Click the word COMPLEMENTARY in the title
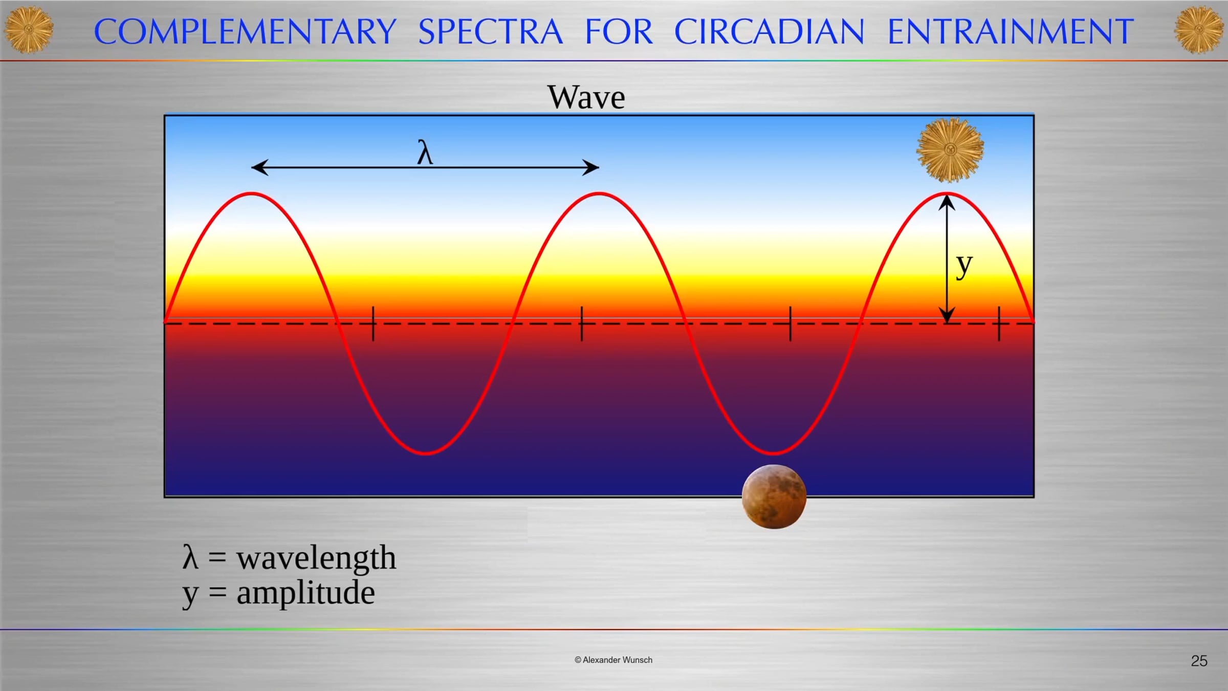(x=245, y=31)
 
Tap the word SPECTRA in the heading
(x=490, y=31)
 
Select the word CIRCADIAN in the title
(x=769, y=31)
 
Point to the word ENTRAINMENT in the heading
(x=1011, y=31)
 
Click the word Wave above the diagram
(x=586, y=97)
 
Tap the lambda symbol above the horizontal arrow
(x=425, y=152)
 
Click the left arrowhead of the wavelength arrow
(x=260, y=167)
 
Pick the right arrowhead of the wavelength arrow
(x=590, y=167)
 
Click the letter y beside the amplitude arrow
(x=964, y=266)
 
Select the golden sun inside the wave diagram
(x=950, y=149)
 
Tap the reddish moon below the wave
(x=774, y=496)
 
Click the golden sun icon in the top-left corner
(x=29, y=30)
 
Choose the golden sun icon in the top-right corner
(x=1199, y=30)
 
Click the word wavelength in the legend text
(x=316, y=557)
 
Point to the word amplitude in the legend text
(x=306, y=593)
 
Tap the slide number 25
(x=1199, y=661)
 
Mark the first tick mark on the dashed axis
(x=373, y=323)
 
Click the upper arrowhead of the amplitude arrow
(x=947, y=203)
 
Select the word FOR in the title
(x=619, y=31)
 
